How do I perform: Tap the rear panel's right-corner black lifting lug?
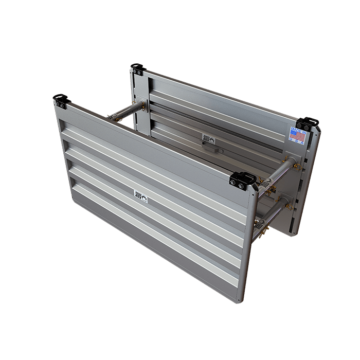309,124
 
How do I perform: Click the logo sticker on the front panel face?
140,196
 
